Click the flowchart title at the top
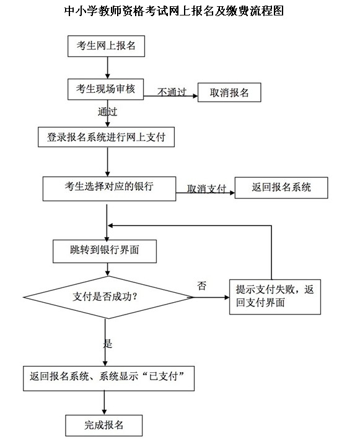point(174,11)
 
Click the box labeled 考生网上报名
point(106,46)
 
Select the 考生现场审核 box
point(105,89)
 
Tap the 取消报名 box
point(229,92)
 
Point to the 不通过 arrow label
point(172,92)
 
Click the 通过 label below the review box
point(107,111)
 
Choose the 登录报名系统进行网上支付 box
point(106,137)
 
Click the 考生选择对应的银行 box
point(109,189)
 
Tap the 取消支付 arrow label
point(206,189)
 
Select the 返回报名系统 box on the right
point(281,188)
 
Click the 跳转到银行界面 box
point(105,251)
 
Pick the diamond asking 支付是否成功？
point(108,297)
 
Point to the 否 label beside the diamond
point(202,286)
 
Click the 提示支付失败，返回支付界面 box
point(275,297)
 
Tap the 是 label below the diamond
point(108,343)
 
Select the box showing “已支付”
point(108,378)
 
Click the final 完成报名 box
point(104,425)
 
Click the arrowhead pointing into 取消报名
point(195,96)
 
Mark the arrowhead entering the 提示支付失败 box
point(227,297)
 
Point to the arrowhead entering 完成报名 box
point(105,412)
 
